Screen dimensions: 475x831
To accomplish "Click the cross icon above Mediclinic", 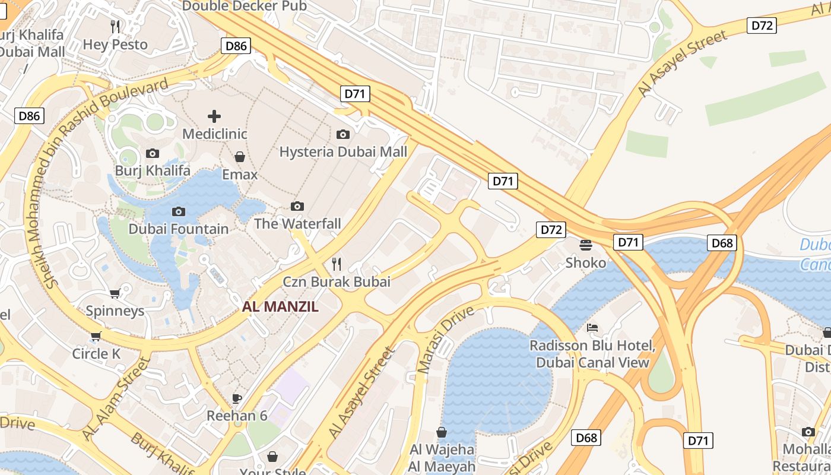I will pyautogui.click(x=214, y=116).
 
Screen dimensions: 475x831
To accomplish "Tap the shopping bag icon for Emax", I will pyautogui.click(x=240, y=157).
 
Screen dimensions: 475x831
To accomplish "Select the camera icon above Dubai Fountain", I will pyautogui.click(x=178, y=211).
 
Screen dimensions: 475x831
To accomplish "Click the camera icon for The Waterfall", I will pyautogui.click(x=297, y=206).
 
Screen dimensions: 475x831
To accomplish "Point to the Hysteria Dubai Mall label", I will pyautogui.click(x=343, y=152).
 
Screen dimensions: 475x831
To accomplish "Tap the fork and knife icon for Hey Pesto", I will pyautogui.click(x=116, y=27).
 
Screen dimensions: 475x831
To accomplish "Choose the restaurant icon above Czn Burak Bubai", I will pyautogui.click(x=337, y=264).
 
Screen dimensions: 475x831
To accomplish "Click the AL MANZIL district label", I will pyautogui.click(x=280, y=307).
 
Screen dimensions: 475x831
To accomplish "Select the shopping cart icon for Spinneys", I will pyautogui.click(x=115, y=293).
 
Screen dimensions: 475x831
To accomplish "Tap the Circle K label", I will pyautogui.click(x=96, y=354).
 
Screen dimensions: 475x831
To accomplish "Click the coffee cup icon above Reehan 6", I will pyautogui.click(x=237, y=398).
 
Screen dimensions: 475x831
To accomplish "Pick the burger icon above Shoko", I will pyautogui.click(x=586, y=245).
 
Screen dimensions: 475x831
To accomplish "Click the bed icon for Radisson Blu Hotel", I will pyautogui.click(x=592, y=328).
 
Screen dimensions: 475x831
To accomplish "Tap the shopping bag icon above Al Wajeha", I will pyautogui.click(x=442, y=432).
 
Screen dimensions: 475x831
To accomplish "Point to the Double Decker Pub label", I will pyautogui.click(x=244, y=6).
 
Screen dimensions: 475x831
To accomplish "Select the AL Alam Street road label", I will pyautogui.click(x=116, y=398).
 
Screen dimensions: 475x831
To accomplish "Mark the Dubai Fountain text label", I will pyautogui.click(x=178, y=229).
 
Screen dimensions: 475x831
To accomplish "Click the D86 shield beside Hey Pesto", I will pyautogui.click(x=236, y=46).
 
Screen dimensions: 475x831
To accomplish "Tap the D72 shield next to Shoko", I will pyautogui.click(x=550, y=230).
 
